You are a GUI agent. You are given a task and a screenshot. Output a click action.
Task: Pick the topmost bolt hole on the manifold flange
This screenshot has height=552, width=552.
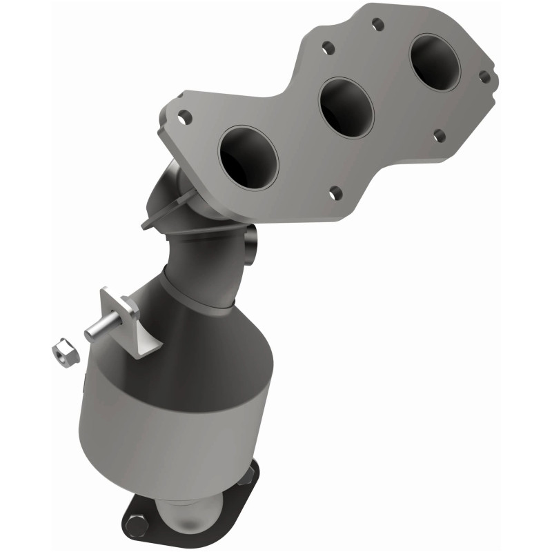(377, 24)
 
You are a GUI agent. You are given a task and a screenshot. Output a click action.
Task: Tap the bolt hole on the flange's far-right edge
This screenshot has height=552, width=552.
(484, 77)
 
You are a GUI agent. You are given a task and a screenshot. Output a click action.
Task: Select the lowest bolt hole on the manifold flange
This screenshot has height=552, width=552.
(335, 193)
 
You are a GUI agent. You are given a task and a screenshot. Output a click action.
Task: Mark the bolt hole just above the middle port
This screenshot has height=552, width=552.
(328, 48)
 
